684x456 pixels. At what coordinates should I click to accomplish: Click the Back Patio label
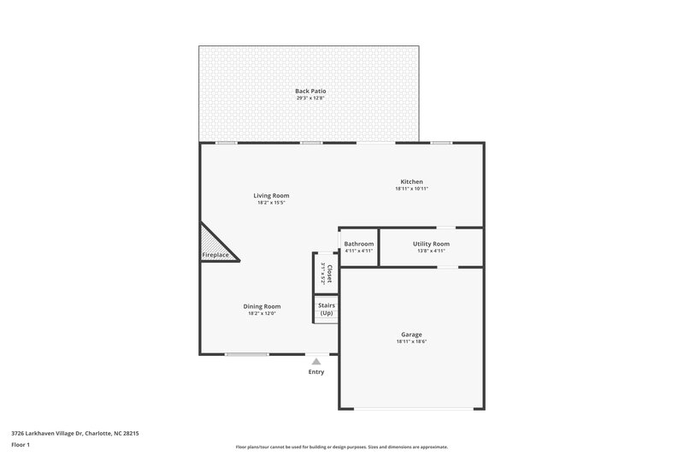pyautogui.click(x=310, y=91)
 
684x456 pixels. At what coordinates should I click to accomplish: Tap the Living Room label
pyautogui.click(x=270, y=196)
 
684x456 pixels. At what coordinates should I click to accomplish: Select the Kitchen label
pyautogui.click(x=412, y=181)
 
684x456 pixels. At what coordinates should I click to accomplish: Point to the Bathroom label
pyautogui.click(x=359, y=244)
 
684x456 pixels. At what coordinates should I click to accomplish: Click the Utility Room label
pyautogui.click(x=431, y=244)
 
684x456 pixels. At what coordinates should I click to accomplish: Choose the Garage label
pyautogui.click(x=411, y=335)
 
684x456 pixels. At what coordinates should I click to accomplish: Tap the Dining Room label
pyautogui.click(x=262, y=306)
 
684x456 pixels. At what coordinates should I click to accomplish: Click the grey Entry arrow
pyautogui.click(x=316, y=362)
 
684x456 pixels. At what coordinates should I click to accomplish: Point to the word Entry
pyautogui.click(x=316, y=372)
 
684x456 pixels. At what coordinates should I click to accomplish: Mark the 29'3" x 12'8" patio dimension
pyautogui.click(x=310, y=98)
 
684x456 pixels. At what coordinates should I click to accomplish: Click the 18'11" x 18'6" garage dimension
pyautogui.click(x=411, y=342)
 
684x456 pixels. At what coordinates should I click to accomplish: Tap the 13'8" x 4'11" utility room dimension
pyautogui.click(x=431, y=252)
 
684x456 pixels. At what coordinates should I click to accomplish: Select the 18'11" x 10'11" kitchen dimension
pyautogui.click(x=412, y=189)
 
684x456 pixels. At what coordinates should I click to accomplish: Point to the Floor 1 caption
pyautogui.click(x=21, y=446)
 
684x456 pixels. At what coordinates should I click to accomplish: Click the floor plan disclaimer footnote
pyautogui.click(x=342, y=447)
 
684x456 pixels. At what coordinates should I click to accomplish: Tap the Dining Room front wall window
pyautogui.click(x=246, y=354)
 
